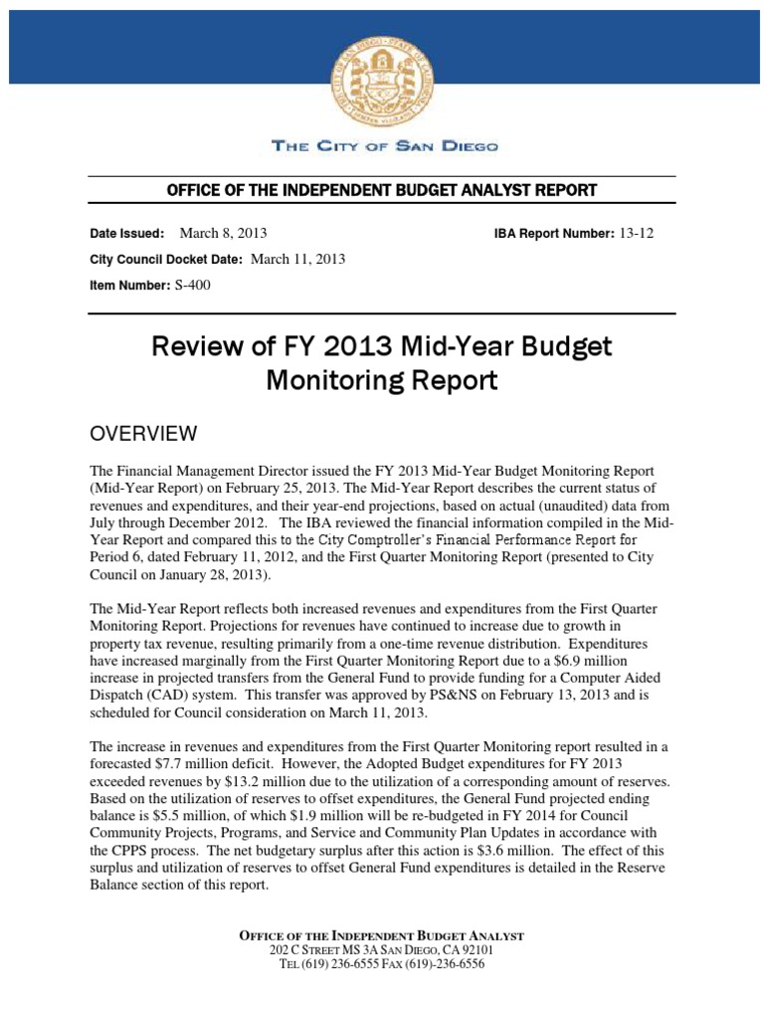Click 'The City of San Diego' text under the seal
pyautogui.click(x=385, y=146)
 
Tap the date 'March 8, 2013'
pyautogui.click(x=223, y=234)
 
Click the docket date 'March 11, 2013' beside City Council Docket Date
pyautogui.click(x=297, y=260)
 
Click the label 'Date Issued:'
pyautogui.click(x=127, y=234)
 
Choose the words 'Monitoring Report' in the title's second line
pyautogui.click(x=382, y=381)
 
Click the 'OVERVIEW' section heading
pyautogui.click(x=143, y=434)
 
